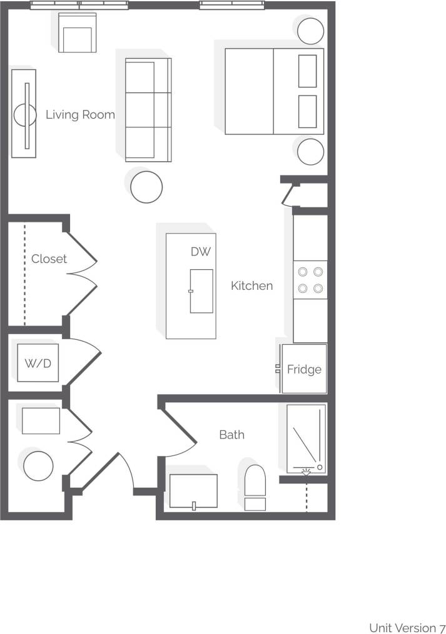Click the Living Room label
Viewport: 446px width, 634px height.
click(x=80, y=115)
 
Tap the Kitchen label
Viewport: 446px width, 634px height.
click(x=252, y=286)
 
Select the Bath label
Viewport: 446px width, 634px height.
click(x=231, y=435)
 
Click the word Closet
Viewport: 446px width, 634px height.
click(x=49, y=259)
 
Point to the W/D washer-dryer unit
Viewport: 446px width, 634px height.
click(x=38, y=363)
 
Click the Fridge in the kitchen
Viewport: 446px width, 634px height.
click(x=304, y=369)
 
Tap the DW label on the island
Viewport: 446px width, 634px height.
click(x=201, y=252)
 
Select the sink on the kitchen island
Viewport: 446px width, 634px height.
click(x=201, y=290)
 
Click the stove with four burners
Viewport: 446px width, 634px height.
click(x=310, y=280)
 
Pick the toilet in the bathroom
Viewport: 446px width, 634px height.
click(x=255, y=487)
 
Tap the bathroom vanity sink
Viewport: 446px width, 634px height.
click(x=193, y=491)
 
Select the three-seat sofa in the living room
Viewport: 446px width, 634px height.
click(x=148, y=109)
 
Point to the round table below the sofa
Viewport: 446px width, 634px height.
click(x=147, y=186)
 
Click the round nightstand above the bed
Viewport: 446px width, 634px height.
click(x=310, y=31)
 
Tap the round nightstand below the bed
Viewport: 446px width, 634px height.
click(x=310, y=152)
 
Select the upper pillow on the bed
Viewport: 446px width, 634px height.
click(x=307, y=71)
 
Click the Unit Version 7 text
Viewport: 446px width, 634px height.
click(x=407, y=627)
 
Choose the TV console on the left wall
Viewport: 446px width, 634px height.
click(x=24, y=113)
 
